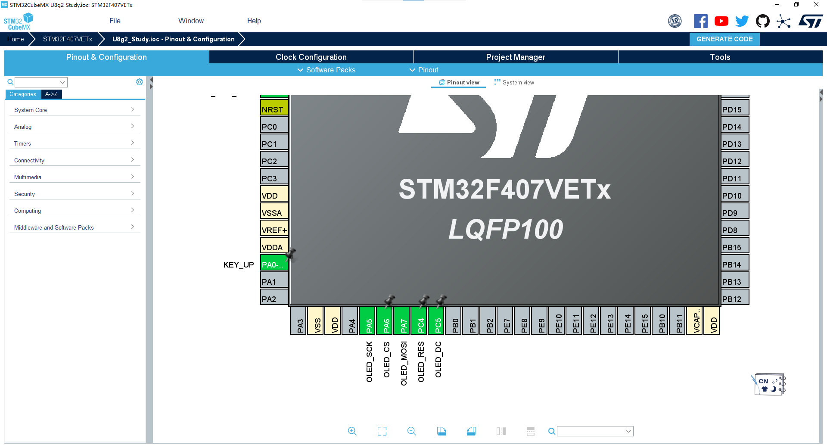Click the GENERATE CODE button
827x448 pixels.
pyautogui.click(x=724, y=39)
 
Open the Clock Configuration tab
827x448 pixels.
pyautogui.click(x=311, y=57)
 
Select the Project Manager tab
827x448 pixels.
pyautogui.click(x=516, y=57)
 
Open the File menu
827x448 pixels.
pyautogui.click(x=115, y=21)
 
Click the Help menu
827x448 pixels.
pyautogui.click(x=254, y=21)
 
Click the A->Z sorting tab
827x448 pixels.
pyautogui.click(x=51, y=94)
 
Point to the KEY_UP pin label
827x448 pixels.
pyautogui.click(x=238, y=265)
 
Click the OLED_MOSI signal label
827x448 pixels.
pyautogui.click(x=404, y=363)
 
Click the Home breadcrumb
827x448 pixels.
pyautogui.click(x=16, y=39)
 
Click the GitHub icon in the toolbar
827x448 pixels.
pyautogui.click(x=762, y=21)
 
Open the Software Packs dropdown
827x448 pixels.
pyautogui.click(x=326, y=70)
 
